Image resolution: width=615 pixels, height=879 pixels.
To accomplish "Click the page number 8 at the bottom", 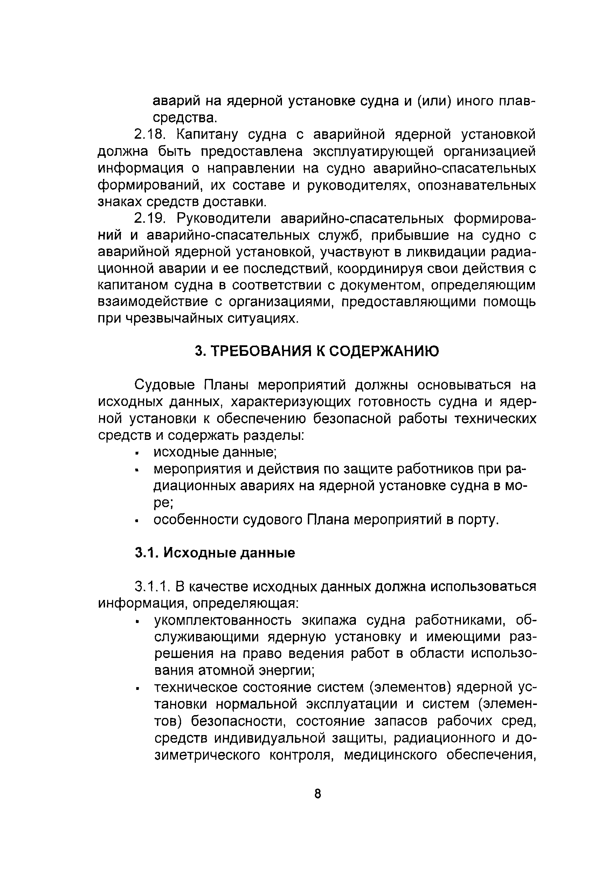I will click(317, 794).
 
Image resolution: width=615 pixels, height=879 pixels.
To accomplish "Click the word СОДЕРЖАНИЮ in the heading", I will click(384, 351).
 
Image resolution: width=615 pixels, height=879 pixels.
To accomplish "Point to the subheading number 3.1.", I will click(147, 553).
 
